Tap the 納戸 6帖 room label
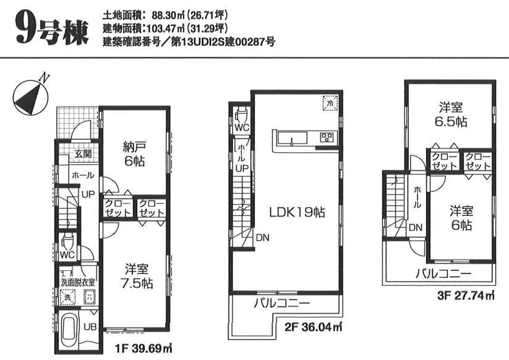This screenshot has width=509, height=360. (x=134, y=153)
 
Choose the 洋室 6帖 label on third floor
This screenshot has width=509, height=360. (x=461, y=218)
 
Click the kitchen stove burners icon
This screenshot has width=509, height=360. (x=327, y=137)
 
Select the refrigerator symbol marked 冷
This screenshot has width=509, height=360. (x=330, y=104)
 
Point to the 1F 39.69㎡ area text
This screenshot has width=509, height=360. (x=144, y=349)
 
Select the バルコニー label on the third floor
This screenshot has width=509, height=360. (x=443, y=273)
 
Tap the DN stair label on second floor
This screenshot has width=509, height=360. (x=262, y=237)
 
